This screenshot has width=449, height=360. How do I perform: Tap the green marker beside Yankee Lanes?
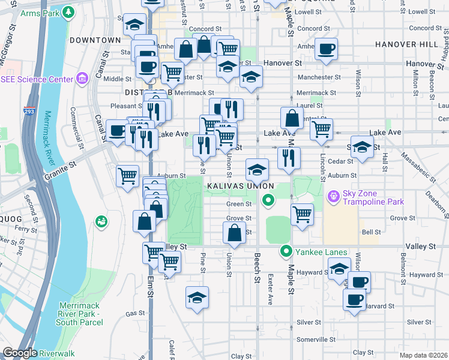tap(287, 251)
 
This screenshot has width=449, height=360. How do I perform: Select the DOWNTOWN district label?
tap(95, 40)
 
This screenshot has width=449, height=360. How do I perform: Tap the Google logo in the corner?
tap(19, 353)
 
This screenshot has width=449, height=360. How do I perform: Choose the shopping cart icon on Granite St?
tap(127, 176)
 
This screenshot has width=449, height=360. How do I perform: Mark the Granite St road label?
tap(61, 171)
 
